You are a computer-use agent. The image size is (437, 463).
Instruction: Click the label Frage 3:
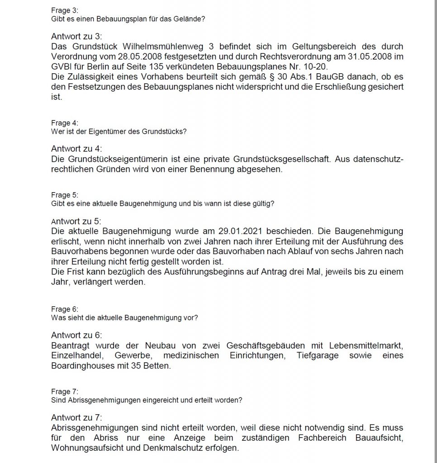(62, 10)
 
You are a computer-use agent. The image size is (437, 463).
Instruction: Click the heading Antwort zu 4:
(77, 149)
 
